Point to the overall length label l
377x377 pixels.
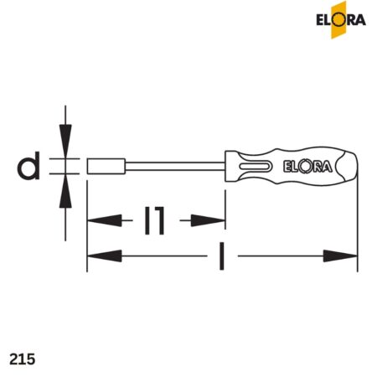(x=221, y=255)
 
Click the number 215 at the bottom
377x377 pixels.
(x=22, y=358)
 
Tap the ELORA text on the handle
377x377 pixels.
(x=310, y=166)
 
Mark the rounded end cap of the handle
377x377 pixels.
(x=350, y=166)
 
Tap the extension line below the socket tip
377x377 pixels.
(x=87, y=226)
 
